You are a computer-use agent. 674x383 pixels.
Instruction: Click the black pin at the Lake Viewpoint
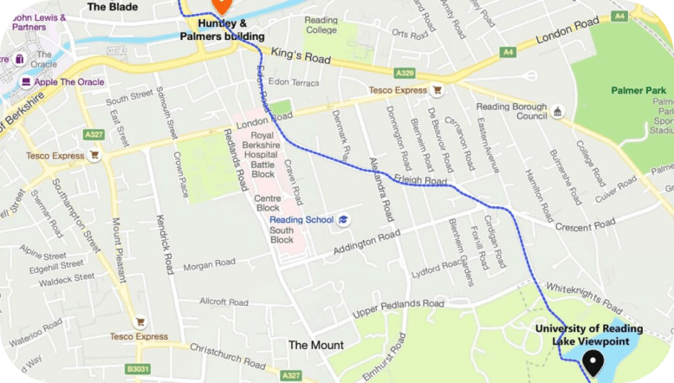pos(593,363)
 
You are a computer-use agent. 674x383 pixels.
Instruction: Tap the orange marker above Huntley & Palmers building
pos(220,4)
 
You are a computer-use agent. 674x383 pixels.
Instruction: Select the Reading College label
pos(321,24)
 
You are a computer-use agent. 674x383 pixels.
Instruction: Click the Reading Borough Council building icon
pos(558,111)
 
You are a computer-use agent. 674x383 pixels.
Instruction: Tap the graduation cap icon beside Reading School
pos(343,220)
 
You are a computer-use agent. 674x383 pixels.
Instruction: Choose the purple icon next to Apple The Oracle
pos(27,82)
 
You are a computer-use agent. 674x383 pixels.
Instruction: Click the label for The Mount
pos(315,345)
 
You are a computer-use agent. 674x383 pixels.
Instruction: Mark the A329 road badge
pos(405,75)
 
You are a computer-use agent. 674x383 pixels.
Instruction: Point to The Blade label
pos(113,6)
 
